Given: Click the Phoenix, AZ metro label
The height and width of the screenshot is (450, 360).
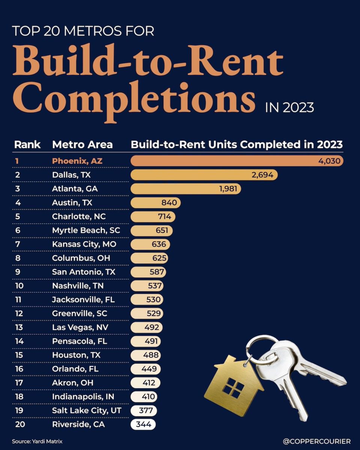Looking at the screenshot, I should [x=77, y=161].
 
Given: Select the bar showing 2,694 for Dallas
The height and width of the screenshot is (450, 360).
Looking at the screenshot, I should [x=204, y=175].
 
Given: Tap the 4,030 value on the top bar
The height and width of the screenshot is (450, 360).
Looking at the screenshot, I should [x=329, y=161].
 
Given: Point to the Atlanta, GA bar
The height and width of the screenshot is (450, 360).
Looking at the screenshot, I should [x=186, y=189].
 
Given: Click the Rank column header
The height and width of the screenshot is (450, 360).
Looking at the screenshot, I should [x=27, y=145].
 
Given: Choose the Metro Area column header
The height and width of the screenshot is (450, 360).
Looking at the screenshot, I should [x=82, y=145].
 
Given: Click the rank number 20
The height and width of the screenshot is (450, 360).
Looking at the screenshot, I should [x=19, y=424].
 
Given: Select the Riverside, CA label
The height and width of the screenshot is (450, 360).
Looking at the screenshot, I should [x=78, y=424].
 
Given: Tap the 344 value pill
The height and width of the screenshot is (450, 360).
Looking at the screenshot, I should [x=143, y=424].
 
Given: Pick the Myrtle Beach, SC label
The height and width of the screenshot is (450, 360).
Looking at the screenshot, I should [x=86, y=231].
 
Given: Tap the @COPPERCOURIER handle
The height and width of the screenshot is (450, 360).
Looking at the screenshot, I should [x=317, y=441].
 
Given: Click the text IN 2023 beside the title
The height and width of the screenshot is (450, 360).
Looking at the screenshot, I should [x=289, y=108].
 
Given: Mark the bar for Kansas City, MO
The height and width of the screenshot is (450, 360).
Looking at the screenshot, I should [x=150, y=244].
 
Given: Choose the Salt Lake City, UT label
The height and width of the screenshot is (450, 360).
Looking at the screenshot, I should [x=87, y=411].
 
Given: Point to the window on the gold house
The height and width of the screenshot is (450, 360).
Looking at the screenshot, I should [x=233, y=387].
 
